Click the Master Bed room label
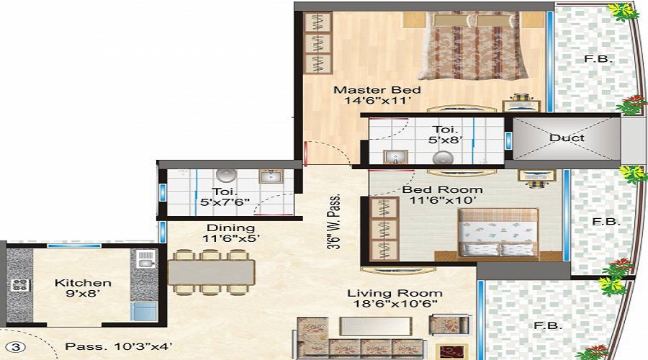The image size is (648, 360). (x=377, y=90)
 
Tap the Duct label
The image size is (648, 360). (x=566, y=138)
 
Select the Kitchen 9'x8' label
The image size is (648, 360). (x=83, y=289)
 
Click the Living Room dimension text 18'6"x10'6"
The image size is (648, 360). (x=395, y=306)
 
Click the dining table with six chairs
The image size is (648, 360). (x=212, y=272)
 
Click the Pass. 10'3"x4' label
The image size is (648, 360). (x=117, y=346)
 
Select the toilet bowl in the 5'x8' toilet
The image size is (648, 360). (x=439, y=158)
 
